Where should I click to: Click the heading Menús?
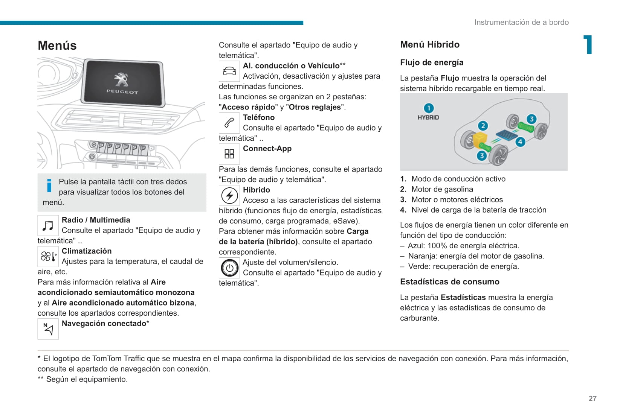click(57, 46)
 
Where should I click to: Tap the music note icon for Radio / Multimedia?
click(48, 226)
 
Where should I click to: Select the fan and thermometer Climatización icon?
click(48, 257)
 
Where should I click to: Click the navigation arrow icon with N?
click(48, 329)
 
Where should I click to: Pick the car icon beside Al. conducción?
click(229, 71)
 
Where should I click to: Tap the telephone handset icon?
click(229, 123)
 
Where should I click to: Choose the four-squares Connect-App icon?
click(229, 154)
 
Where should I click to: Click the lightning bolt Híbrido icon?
click(229, 195)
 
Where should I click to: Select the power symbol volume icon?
click(229, 268)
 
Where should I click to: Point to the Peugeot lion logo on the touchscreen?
click(121, 80)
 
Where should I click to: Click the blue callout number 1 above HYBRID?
click(429, 108)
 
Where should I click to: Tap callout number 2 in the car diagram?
click(483, 126)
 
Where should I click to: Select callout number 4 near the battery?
click(520, 142)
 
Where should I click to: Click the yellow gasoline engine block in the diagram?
click(480, 139)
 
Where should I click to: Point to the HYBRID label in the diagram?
click(428, 117)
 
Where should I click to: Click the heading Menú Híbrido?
click(430, 45)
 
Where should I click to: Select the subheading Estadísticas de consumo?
click(450, 282)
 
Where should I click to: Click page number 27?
click(592, 398)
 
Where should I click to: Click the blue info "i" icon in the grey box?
click(49, 185)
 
